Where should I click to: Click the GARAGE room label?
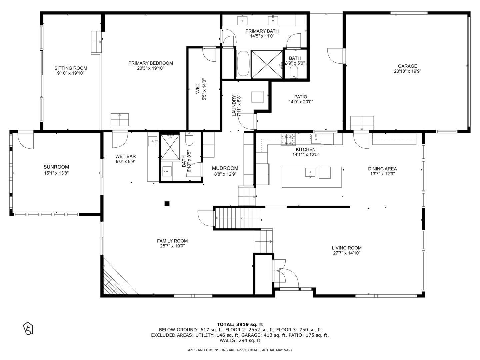(x=407, y=66)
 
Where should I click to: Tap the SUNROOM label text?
(x=56, y=167)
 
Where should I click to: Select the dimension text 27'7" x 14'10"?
(x=346, y=253)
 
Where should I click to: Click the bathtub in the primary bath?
(x=243, y=64)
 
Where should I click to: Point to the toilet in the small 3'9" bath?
(x=294, y=72)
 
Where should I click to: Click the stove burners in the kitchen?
(x=288, y=139)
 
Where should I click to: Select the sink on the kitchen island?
(x=310, y=172)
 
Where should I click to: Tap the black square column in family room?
(x=167, y=204)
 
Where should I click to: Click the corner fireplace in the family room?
(x=113, y=282)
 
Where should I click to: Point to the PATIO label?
(x=300, y=97)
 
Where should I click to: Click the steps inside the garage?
(x=362, y=123)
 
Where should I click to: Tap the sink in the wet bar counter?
(x=153, y=141)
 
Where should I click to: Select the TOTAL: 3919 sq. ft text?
(x=240, y=324)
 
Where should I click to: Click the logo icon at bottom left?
(x=28, y=328)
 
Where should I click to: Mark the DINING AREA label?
(x=382, y=169)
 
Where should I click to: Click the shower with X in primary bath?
(x=267, y=64)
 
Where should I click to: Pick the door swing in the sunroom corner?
(x=26, y=140)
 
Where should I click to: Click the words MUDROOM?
(x=225, y=168)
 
